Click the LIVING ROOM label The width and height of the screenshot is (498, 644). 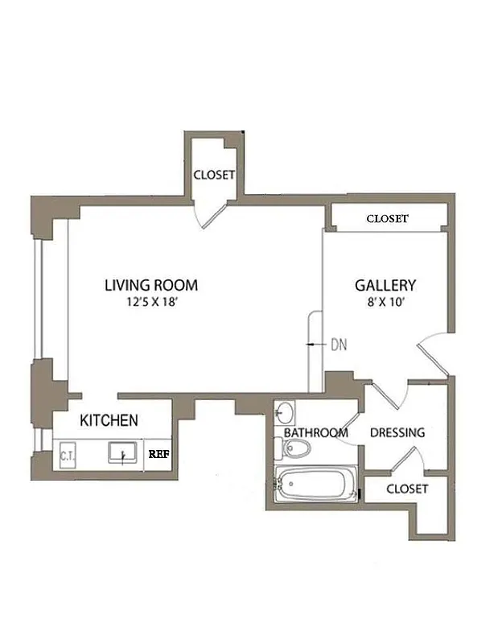[150, 285]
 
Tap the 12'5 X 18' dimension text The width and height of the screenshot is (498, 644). [150, 303]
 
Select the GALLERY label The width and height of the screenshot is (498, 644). [385, 285]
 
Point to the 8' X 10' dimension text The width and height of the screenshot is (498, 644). [385, 303]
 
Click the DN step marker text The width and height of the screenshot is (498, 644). [339, 345]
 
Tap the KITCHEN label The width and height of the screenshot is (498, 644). [109, 420]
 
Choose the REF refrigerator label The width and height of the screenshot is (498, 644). [158, 454]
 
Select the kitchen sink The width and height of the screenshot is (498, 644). [123, 456]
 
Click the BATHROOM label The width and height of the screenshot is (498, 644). [315, 433]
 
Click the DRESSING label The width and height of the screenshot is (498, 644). [397, 433]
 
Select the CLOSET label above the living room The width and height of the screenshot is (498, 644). [214, 175]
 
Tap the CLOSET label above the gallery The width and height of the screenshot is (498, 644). [387, 219]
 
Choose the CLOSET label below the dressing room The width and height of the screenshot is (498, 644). [406, 489]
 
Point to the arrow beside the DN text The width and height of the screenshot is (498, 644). [314, 345]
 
